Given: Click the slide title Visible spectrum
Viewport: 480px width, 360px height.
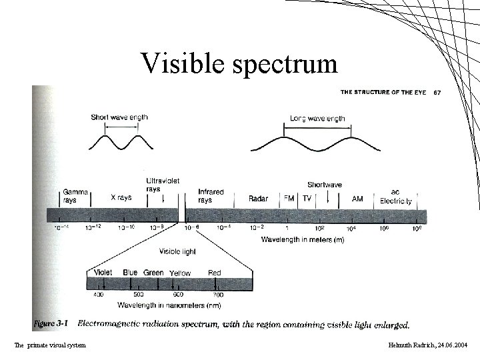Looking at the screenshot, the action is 239,63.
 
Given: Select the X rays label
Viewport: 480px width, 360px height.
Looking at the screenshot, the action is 121,198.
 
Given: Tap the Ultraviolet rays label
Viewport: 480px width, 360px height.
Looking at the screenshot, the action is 163,185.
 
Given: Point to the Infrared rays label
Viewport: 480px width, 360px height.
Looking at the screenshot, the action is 211,195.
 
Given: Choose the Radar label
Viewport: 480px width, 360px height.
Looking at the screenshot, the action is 258,198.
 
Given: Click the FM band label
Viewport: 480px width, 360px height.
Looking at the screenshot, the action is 289,198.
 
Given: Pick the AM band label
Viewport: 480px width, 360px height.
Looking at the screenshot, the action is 358,198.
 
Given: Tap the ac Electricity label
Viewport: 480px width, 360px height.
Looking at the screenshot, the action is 396,195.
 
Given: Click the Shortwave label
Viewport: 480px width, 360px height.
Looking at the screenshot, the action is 325,184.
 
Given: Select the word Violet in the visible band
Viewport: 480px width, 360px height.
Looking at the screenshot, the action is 103,272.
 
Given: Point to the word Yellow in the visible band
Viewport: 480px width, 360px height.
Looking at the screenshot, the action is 180,273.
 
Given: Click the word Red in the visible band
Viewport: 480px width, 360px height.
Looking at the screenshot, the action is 215,273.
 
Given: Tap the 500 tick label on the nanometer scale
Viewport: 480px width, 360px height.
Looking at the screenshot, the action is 138,294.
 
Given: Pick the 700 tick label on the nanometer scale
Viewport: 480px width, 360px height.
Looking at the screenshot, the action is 217,294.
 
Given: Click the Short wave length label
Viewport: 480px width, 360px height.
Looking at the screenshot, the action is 119,117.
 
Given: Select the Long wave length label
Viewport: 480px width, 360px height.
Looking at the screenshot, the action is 317,119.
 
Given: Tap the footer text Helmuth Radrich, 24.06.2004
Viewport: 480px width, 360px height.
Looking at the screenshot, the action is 427,345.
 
